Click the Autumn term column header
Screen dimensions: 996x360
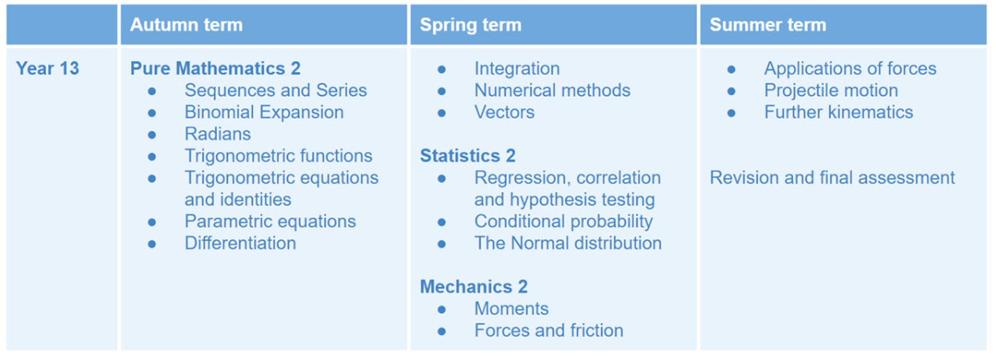(x=186, y=25)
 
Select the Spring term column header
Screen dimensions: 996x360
(x=471, y=25)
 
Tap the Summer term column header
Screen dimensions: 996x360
(x=768, y=25)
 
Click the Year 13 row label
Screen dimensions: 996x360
(x=48, y=68)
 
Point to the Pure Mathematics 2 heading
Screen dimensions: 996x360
(x=215, y=68)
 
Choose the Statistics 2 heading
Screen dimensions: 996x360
(x=468, y=156)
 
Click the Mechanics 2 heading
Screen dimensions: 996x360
(x=474, y=286)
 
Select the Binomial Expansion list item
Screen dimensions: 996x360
(x=265, y=113)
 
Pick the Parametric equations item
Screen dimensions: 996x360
(x=270, y=221)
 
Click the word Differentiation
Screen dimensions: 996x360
(x=240, y=243)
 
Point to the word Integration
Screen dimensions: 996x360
(x=517, y=68)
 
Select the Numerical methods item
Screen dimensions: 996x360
(x=553, y=90)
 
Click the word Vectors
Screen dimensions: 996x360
(x=504, y=113)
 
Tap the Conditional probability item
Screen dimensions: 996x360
(x=564, y=221)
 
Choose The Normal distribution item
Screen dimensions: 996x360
(x=568, y=243)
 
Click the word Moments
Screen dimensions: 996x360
(x=511, y=309)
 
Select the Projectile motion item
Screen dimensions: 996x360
(x=831, y=90)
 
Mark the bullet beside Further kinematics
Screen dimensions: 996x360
(x=731, y=114)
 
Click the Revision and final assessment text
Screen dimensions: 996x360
(x=832, y=177)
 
